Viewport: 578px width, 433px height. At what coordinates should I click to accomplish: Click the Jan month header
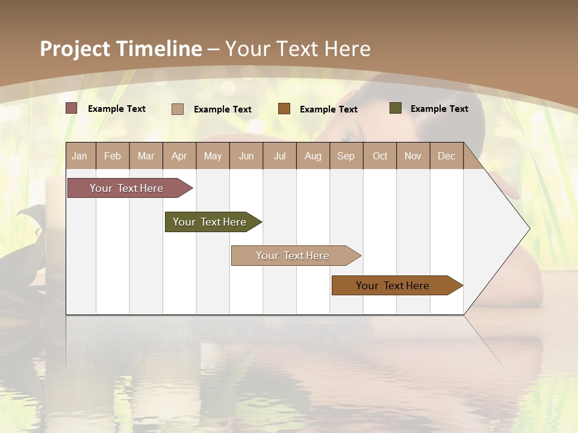(80, 156)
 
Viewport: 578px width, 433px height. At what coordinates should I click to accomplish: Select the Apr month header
(179, 156)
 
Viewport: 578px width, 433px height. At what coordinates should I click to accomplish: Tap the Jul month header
(279, 156)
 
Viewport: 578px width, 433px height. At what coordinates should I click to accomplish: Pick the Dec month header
(446, 156)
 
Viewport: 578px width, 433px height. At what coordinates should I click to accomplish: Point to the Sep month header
(346, 156)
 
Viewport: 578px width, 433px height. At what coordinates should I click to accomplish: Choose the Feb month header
(113, 156)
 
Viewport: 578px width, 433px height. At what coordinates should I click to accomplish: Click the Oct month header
(380, 156)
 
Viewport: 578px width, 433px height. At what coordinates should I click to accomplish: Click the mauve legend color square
(72, 108)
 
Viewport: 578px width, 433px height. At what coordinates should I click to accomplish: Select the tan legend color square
(178, 109)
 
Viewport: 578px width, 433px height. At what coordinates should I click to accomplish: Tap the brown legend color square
(284, 109)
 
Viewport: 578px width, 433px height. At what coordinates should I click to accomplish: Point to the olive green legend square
(395, 108)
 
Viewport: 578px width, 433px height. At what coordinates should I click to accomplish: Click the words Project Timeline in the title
(121, 49)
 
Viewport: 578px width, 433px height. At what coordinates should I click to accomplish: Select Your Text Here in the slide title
(298, 49)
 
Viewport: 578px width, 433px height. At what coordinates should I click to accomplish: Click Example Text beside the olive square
(439, 109)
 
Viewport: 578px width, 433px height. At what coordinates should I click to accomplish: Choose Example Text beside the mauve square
(117, 109)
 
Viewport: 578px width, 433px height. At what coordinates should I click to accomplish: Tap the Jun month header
(246, 156)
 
